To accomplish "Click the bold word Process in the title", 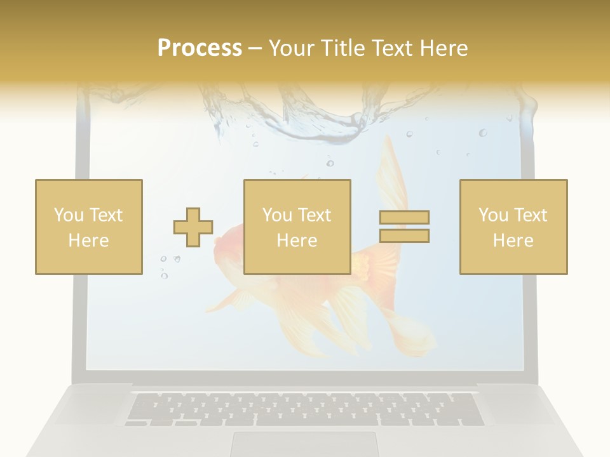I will (200, 48).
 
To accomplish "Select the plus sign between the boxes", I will (193, 227).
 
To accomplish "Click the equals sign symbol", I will (404, 227).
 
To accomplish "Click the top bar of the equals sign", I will (404, 217).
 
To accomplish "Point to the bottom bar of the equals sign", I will (404, 235).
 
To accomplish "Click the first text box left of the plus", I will (89, 227).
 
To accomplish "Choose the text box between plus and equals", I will (297, 227).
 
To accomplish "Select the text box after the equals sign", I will (513, 227).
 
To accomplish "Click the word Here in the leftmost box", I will (88, 240).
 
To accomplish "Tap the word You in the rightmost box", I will (493, 215).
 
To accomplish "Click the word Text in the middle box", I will (314, 215).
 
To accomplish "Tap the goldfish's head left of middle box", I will (229, 244).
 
